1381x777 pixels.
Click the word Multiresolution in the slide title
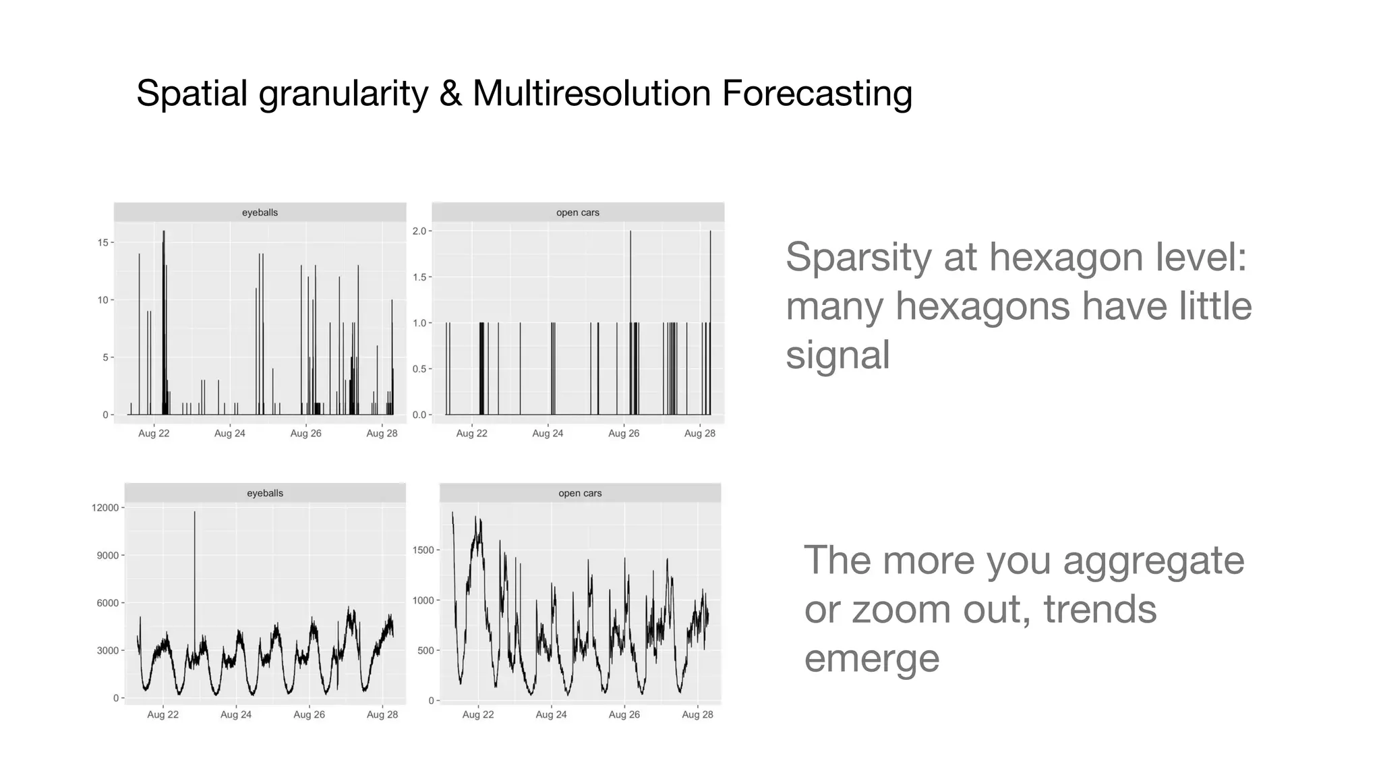point(591,93)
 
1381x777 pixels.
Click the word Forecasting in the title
point(817,93)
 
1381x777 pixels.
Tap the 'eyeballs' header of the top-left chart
point(260,212)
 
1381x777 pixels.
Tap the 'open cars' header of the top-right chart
point(578,212)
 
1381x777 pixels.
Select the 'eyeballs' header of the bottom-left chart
point(265,493)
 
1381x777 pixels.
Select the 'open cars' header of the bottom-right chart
point(580,493)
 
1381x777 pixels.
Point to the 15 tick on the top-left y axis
point(103,243)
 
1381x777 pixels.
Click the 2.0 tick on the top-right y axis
point(419,231)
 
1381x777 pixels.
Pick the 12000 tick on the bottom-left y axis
point(105,508)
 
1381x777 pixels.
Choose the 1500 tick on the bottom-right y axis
point(423,550)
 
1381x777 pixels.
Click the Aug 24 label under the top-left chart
point(230,434)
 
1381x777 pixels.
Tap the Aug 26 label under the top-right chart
point(624,434)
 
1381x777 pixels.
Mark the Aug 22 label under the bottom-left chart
point(163,715)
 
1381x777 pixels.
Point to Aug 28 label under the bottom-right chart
point(697,715)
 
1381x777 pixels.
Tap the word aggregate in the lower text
point(1153,561)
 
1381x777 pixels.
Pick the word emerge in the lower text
point(871,658)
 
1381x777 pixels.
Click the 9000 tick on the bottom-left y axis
point(107,556)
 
